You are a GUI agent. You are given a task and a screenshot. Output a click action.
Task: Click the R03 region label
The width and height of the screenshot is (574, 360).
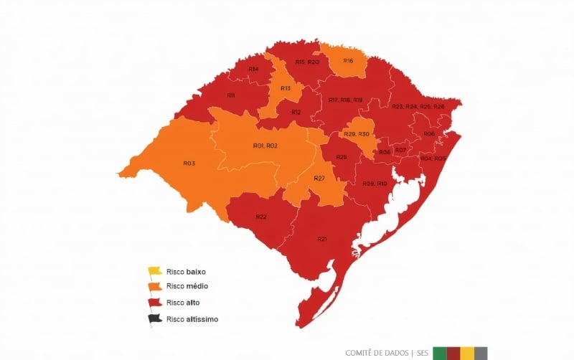point(189,164)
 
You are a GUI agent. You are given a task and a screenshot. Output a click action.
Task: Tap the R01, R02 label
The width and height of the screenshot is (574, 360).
point(265,146)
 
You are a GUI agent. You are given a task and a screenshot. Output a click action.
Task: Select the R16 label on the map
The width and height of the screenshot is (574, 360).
point(348,60)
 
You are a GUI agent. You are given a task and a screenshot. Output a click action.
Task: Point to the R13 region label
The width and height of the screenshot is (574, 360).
point(286,88)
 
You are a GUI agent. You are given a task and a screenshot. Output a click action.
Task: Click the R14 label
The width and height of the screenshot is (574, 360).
point(253,68)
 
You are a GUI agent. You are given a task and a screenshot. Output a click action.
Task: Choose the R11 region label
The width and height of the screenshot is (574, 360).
point(231,95)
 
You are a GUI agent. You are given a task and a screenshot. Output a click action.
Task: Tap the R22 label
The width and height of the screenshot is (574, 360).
point(261,217)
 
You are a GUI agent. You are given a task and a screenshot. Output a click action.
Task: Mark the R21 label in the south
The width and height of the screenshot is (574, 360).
point(322,238)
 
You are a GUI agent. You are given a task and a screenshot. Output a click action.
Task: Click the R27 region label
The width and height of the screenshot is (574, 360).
point(320,178)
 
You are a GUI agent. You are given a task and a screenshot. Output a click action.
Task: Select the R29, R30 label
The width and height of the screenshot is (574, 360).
point(356,134)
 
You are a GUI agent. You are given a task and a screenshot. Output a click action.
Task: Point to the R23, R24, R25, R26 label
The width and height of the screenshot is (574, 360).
point(418,106)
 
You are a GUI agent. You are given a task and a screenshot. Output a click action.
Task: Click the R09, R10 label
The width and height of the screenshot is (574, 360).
point(375,184)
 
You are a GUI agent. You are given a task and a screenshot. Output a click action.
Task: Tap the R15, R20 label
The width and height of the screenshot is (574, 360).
point(307,62)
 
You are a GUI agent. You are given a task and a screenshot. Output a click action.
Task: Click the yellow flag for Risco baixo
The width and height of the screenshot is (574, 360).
point(154,272)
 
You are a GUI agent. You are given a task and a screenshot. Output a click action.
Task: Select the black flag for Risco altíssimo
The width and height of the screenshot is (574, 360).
point(154,319)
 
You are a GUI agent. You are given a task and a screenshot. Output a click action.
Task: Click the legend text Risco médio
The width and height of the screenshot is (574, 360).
point(187,287)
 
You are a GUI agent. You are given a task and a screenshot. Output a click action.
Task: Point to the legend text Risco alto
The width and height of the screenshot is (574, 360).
point(183,303)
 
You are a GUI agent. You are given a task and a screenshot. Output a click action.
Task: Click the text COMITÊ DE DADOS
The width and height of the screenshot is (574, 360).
point(377,353)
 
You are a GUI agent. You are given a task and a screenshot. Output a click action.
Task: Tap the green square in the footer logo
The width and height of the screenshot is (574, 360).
point(440,353)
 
